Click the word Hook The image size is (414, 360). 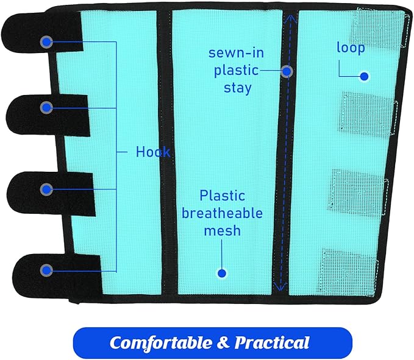point(153,152)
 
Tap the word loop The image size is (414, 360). point(351,48)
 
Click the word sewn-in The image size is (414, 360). point(237,52)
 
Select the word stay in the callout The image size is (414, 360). point(238,88)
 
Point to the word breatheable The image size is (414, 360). point(222,213)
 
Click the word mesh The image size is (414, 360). point(223,230)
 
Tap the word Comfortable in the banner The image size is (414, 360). point(161,342)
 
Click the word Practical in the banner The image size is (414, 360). point(272,342)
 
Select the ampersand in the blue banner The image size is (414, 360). point(223,342)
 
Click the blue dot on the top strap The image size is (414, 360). point(46,41)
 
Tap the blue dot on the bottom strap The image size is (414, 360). point(46,270)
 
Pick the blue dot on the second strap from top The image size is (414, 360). point(46,107)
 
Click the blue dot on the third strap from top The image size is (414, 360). point(46,189)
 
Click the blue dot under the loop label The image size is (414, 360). point(365,77)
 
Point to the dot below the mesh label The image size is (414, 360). point(222,274)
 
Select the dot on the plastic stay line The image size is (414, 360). point(287,71)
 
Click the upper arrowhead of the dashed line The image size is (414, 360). point(290,18)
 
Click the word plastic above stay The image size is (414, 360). point(237,71)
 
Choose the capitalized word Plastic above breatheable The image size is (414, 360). point(223,196)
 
